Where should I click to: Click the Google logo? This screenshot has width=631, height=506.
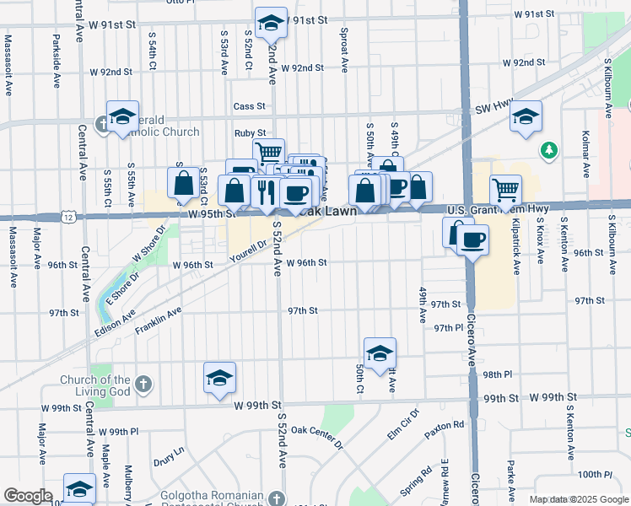tap(28, 497)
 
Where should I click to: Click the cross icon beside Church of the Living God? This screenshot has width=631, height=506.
tap(143, 385)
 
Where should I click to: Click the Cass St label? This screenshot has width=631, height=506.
tap(250, 106)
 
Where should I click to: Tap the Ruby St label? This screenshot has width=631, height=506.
tap(250, 133)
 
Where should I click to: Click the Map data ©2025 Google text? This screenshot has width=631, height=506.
tap(579, 499)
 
